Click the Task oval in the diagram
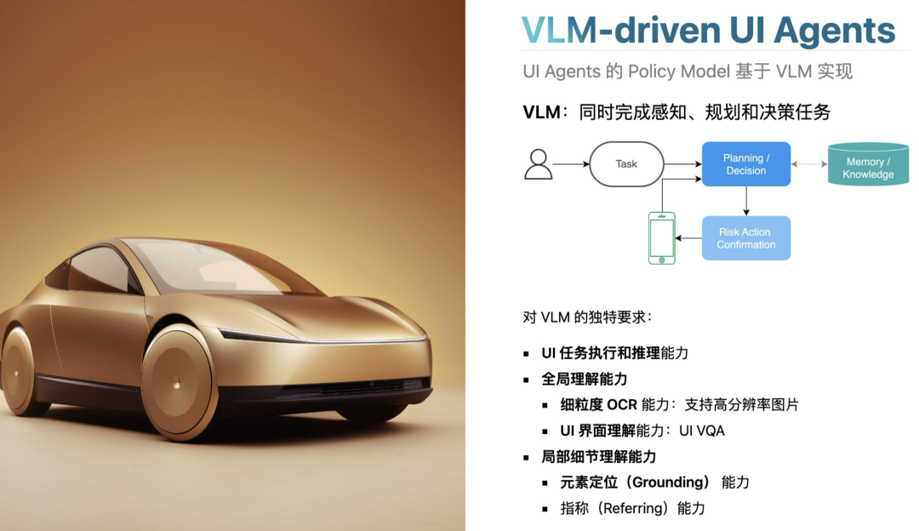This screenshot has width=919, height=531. pyautogui.click(x=626, y=164)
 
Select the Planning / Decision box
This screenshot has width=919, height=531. pyautogui.click(x=746, y=164)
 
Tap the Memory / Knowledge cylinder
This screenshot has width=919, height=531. pyautogui.click(x=868, y=166)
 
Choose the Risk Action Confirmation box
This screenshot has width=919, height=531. pyautogui.click(x=746, y=238)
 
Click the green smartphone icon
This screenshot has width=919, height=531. pyautogui.click(x=661, y=238)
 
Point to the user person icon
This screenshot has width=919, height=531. pyautogui.click(x=538, y=164)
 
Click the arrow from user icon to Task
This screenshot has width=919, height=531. pyautogui.click(x=570, y=164)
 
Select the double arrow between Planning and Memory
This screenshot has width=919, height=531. pyautogui.click(x=809, y=164)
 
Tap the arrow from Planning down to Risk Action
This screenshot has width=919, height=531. pyautogui.click(x=746, y=201)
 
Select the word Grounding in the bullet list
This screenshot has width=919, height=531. pyautogui.click(x=667, y=482)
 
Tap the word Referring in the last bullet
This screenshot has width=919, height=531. pyautogui.click(x=631, y=509)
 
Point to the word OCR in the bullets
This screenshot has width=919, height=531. pyautogui.click(x=622, y=405)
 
